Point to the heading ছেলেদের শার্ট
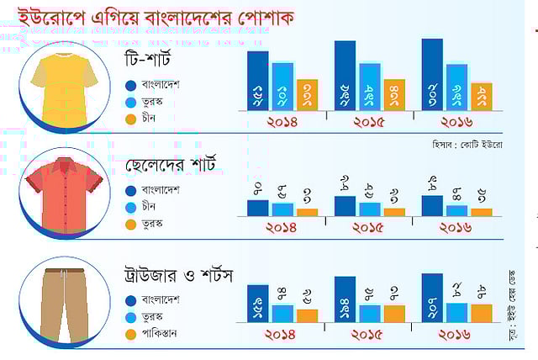click(x=169, y=164)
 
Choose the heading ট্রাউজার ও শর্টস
click(x=177, y=275)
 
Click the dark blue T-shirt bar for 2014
click(x=257, y=81)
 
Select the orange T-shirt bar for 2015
click(x=393, y=95)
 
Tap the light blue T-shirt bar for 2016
click(x=456, y=87)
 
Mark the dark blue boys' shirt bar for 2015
click(x=345, y=206)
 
